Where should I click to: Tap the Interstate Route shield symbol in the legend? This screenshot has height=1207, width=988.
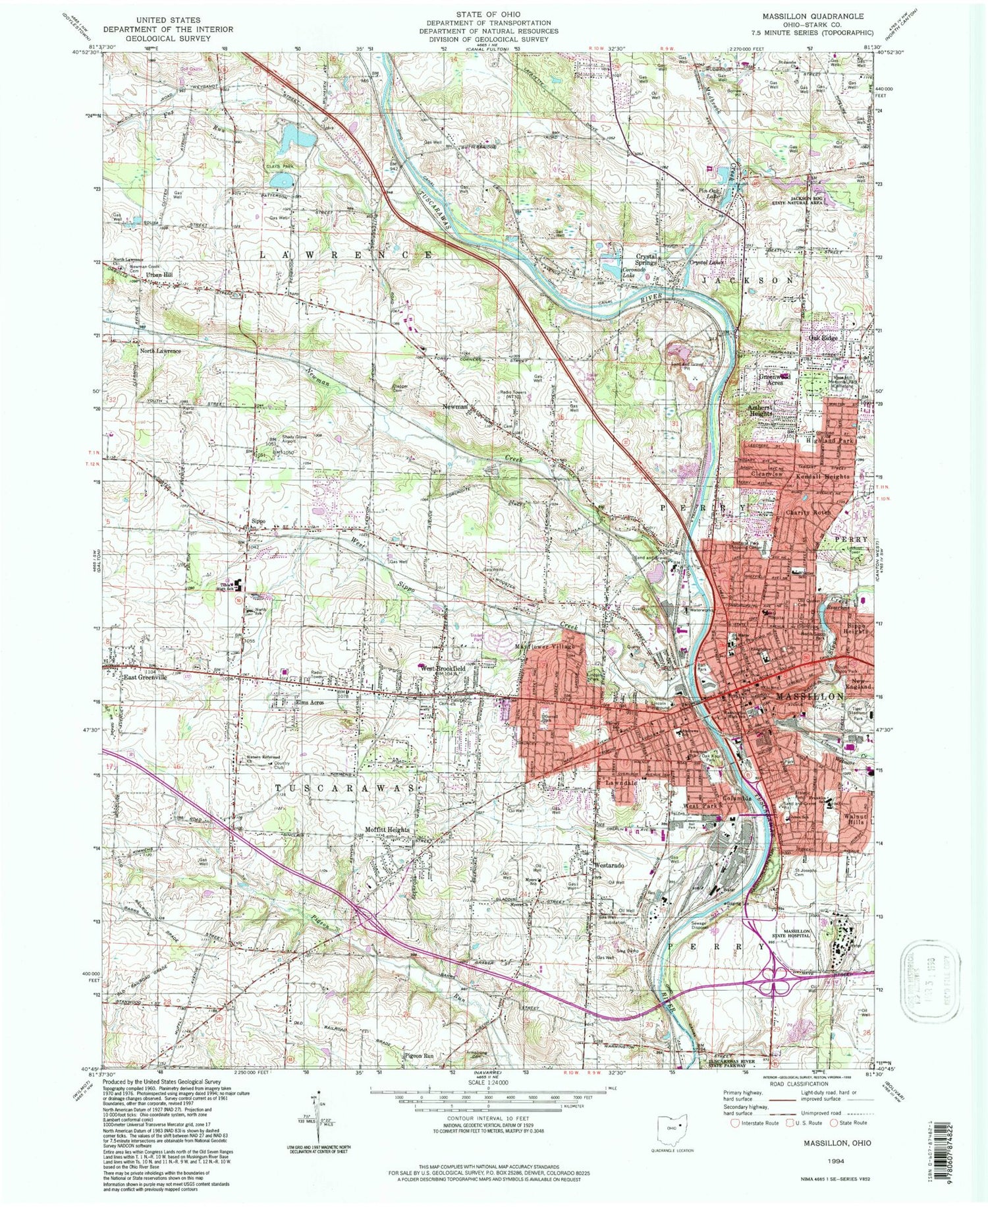[734, 1123]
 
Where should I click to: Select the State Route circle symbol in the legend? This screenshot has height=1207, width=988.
[835, 1123]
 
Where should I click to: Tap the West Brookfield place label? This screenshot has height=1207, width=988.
[444, 668]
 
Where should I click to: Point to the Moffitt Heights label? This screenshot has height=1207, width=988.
[388, 829]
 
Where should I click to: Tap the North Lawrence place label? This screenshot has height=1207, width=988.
[159, 351]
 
